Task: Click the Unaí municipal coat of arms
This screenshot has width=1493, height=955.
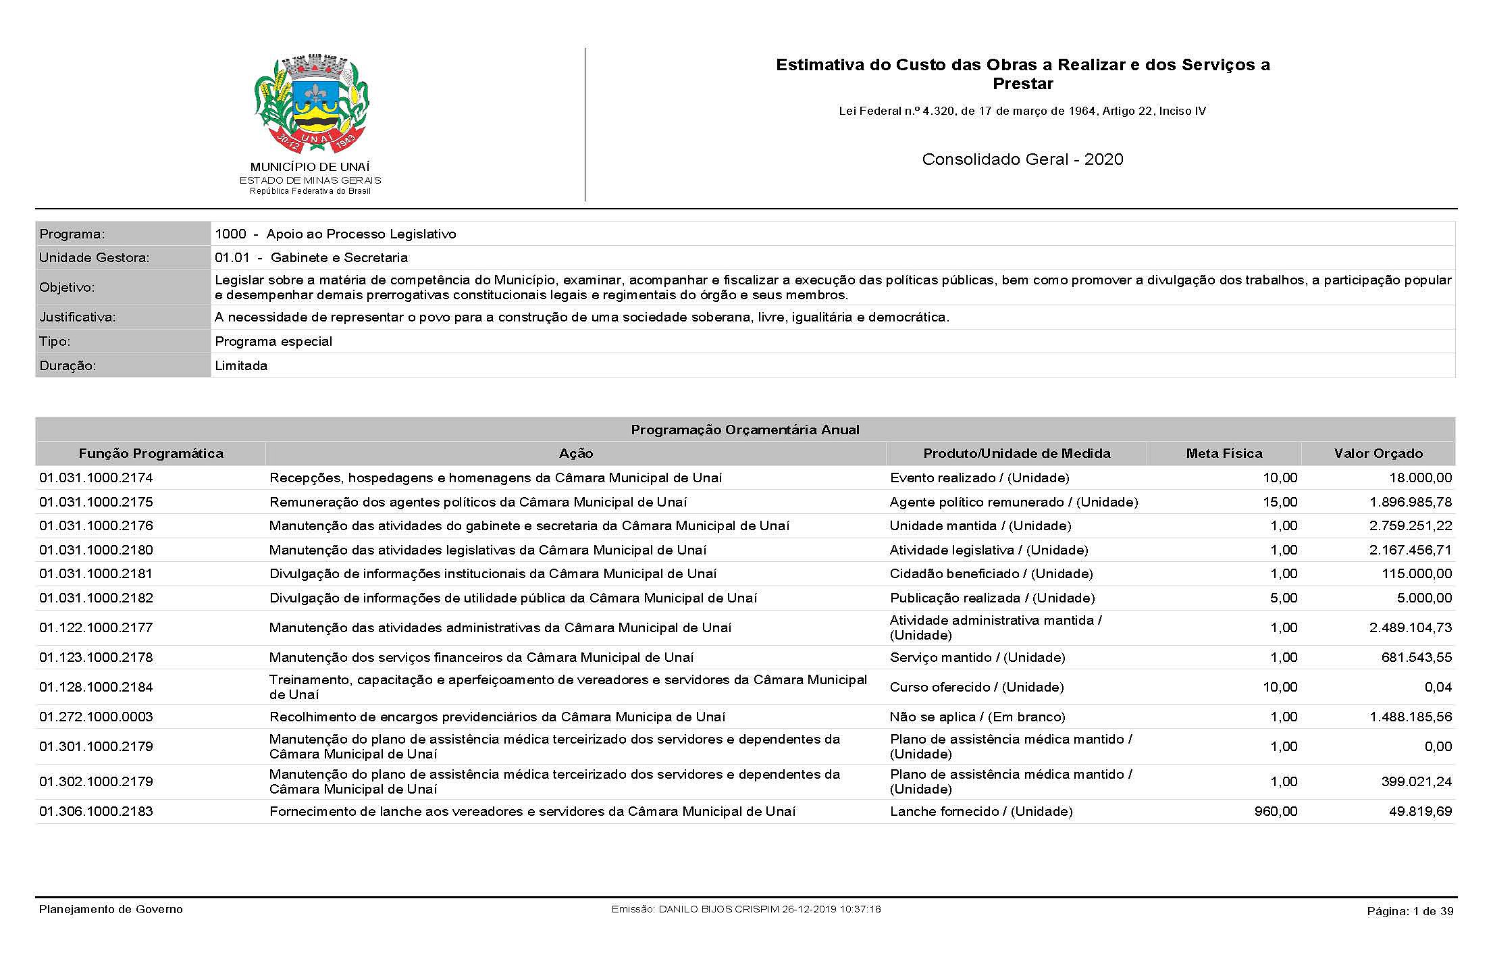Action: click(311, 105)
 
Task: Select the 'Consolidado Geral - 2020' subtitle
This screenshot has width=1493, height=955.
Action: click(1022, 159)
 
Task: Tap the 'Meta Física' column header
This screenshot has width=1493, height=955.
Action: click(1224, 453)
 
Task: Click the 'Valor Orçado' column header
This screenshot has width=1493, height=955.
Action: click(1378, 453)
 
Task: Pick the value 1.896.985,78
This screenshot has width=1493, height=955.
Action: click(1410, 502)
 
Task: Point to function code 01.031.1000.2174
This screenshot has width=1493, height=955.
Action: click(97, 477)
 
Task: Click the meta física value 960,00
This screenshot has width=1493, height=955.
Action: click(1276, 811)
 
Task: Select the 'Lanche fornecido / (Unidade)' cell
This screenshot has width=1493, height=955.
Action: click(980, 811)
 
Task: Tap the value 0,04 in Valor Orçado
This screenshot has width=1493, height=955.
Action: click(1438, 687)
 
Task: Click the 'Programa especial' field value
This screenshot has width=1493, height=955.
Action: click(273, 341)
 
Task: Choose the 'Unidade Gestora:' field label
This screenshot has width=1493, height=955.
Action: click(95, 257)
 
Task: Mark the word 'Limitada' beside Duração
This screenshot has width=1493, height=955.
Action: click(241, 365)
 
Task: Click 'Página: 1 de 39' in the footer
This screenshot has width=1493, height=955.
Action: click(1410, 911)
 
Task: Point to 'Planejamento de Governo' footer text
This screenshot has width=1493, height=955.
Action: click(111, 909)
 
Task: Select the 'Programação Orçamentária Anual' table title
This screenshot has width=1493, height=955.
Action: click(745, 430)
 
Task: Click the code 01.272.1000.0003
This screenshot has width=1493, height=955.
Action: click(97, 717)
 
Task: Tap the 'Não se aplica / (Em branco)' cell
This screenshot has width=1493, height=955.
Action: click(977, 717)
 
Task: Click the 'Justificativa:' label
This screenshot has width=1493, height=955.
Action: click(78, 317)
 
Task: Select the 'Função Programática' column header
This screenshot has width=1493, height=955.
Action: click(151, 453)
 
